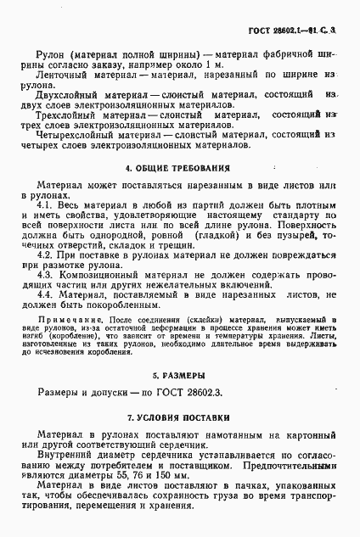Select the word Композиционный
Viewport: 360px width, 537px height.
[x=99, y=277]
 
